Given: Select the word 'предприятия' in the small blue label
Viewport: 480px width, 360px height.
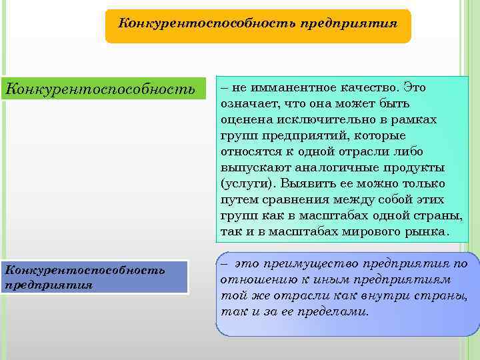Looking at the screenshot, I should (x=48, y=284).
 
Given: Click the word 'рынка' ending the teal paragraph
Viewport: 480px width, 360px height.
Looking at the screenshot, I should (x=429, y=232).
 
